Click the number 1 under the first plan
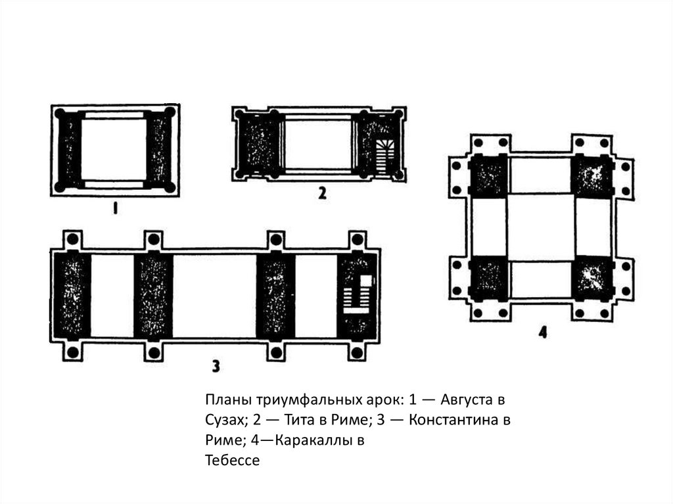coord(114,209)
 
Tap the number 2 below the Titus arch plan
coord(322,193)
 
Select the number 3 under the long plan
coord(216,366)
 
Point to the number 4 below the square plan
coord(543,332)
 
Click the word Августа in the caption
coord(467,400)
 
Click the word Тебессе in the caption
coord(232,460)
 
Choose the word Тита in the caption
coord(299,419)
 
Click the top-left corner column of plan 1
coord(60,114)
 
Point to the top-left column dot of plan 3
coord(73,239)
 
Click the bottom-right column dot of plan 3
coord(357,352)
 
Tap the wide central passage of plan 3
coord(215,296)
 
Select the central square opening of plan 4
coord(541,227)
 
